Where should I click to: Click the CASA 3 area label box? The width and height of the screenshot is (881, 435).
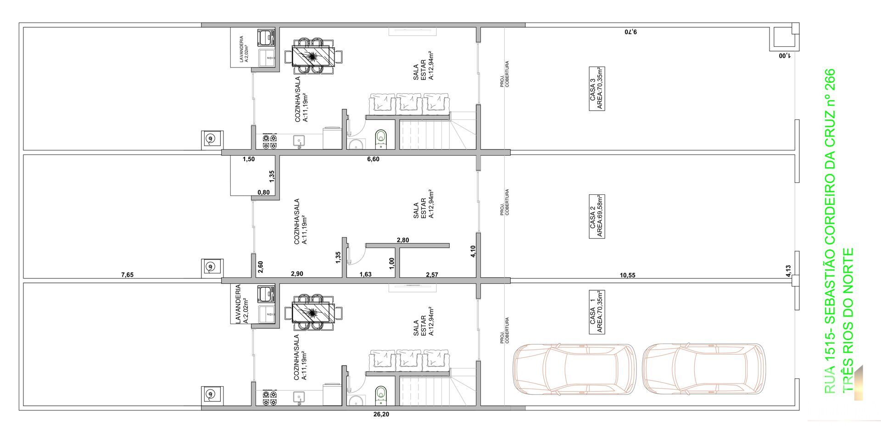coord(597,89)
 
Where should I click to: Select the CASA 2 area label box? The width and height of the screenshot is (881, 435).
coord(597,216)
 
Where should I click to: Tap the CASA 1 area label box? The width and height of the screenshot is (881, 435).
coord(597,312)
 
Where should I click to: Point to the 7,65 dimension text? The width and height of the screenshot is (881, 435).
coord(127,275)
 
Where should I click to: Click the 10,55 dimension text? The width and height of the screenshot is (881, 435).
coord(627,275)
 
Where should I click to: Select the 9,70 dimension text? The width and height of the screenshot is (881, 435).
coord(631,32)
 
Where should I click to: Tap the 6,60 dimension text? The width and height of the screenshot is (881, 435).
coord(373,159)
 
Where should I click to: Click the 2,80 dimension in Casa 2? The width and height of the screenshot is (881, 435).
coord(402,240)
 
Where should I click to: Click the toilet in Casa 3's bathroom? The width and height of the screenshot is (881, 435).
coord(381,138)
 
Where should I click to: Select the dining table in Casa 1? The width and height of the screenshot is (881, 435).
coord(313,312)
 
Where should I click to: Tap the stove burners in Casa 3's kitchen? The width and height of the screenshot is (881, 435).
coord(269,141)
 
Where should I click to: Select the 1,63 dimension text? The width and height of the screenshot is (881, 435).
coord(365,274)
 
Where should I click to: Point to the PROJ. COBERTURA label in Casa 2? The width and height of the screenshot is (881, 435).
coord(505,202)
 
